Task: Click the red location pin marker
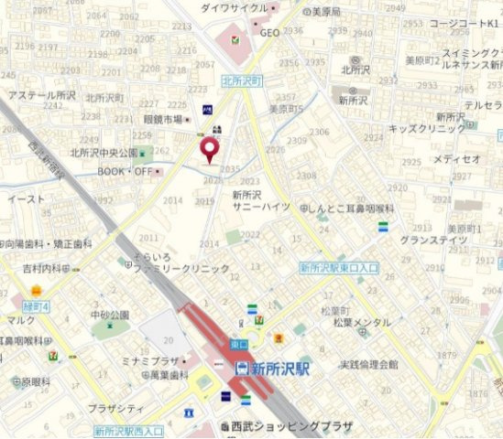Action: point(210,149)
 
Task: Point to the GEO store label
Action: point(269,33)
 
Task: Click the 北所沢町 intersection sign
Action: point(241,80)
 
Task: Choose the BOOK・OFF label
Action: point(126,171)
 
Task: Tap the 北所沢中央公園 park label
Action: point(104,153)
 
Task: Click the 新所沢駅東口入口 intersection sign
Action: point(339,268)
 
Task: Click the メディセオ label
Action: point(456,159)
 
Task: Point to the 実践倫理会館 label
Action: point(368,364)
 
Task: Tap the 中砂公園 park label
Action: point(110,315)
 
